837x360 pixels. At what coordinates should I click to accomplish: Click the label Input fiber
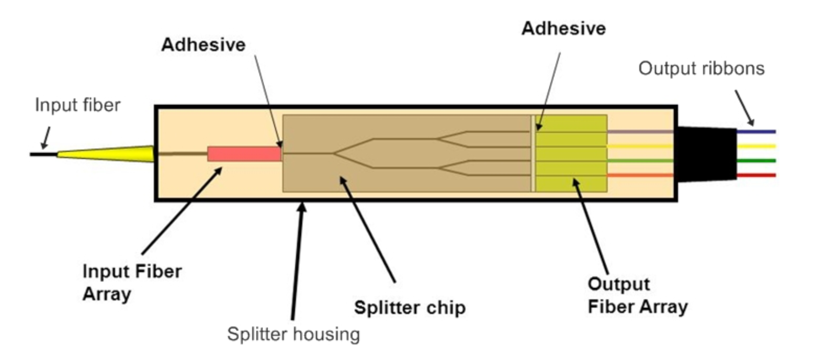click(78, 105)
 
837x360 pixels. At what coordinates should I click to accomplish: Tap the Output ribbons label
click(702, 69)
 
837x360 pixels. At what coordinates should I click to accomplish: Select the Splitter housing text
click(293, 334)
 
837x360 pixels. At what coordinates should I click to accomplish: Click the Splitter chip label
click(410, 308)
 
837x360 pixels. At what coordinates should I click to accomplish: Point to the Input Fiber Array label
click(132, 283)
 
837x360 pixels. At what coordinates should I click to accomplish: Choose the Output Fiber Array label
click(638, 295)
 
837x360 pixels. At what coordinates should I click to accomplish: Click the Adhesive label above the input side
click(203, 45)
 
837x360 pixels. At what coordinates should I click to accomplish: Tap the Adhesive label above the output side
click(563, 28)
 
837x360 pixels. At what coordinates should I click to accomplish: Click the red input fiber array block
click(245, 154)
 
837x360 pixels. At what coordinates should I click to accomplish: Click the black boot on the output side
click(706, 154)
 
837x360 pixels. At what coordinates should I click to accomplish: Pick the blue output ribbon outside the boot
click(756, 131)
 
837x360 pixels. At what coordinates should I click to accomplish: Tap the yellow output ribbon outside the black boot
click(756, 146)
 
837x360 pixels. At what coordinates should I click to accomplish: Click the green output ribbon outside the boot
click(756, 161)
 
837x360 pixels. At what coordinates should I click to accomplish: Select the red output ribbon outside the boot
click(756, 175)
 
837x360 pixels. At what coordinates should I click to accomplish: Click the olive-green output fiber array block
click(571, 154)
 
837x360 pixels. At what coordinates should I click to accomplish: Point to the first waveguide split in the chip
click(333, 153)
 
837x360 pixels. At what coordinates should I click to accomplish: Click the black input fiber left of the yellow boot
click(44, 154)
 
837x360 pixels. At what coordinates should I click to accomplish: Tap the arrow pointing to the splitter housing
click(298, 261)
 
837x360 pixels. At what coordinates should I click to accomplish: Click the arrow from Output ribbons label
click(744, 108)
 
